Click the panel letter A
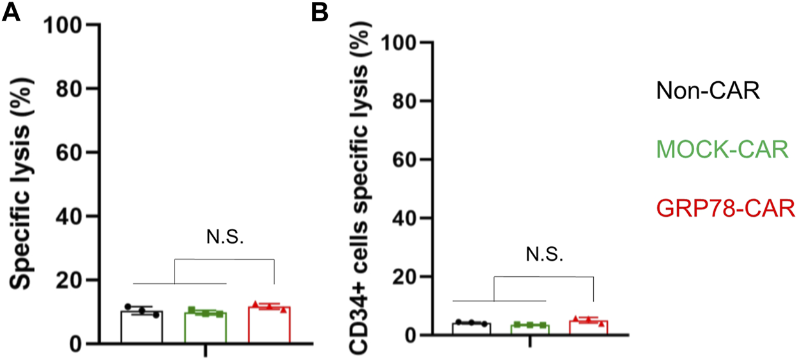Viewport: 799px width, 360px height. click(11, 12)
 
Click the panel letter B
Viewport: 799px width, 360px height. click(320, 12)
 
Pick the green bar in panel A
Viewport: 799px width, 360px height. click(205, 329)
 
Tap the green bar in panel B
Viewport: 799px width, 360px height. click(531, 330)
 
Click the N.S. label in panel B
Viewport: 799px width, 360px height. click(545, 256)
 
